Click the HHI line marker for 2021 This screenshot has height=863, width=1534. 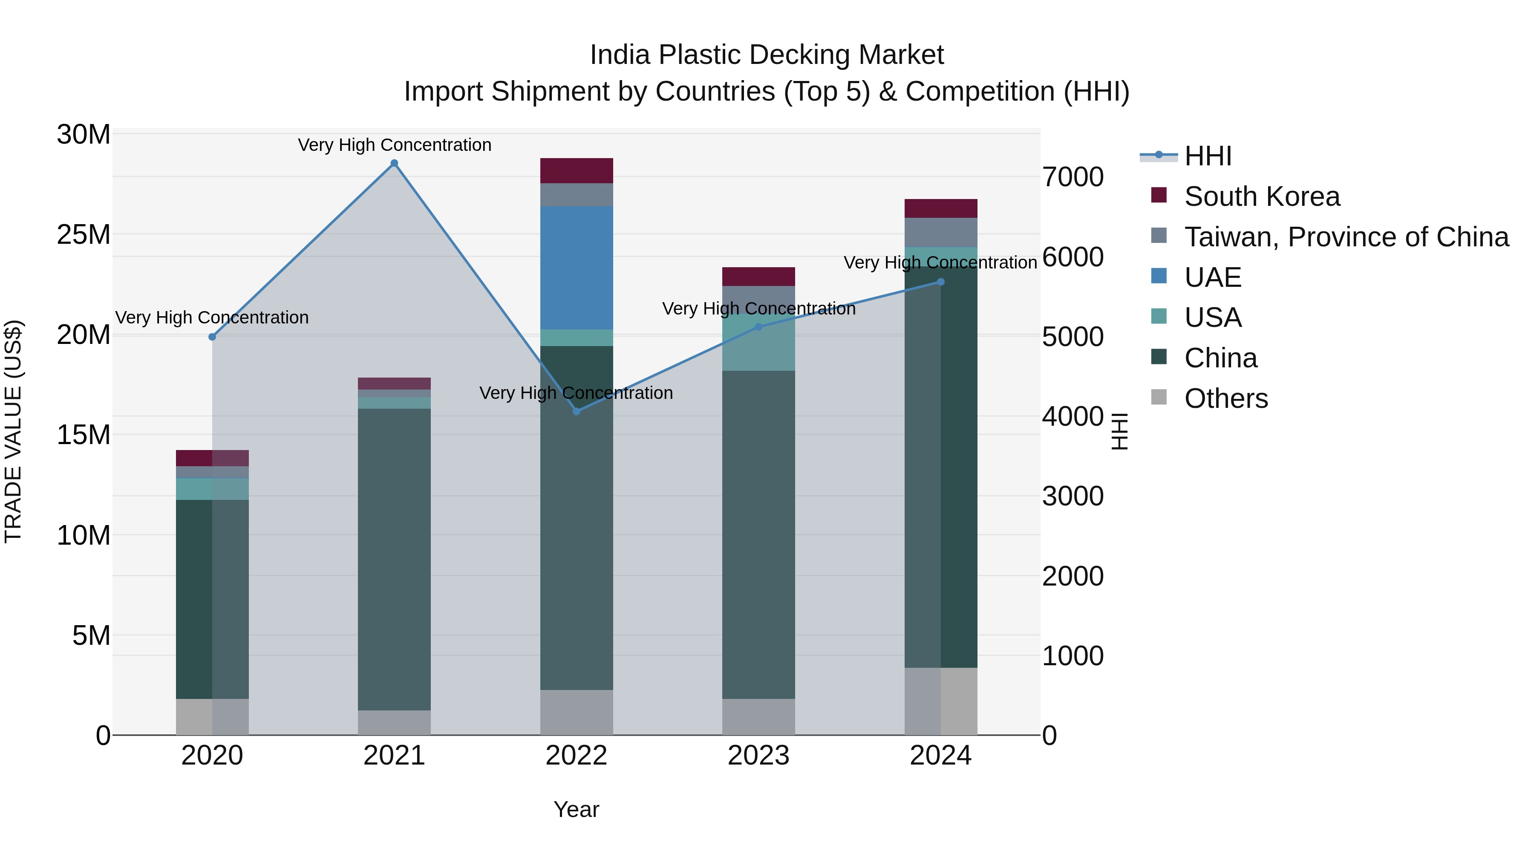[x=394, y=163]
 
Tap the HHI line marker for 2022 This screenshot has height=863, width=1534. [x=577, y=412]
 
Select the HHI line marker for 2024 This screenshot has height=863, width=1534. [x=941, y=282]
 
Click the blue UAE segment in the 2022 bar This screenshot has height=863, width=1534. [x=577, y=268]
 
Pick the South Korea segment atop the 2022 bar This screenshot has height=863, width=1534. [x=577, y=170]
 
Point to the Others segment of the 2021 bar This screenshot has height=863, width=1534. [x=394, y=722]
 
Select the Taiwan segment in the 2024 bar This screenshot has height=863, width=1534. [x=941, y=232]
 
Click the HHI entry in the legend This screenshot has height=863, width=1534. [x=1208, y=156]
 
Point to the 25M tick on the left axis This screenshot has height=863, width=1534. [x=84, y=235]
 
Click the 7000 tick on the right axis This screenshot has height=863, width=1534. [x=1073, y=177]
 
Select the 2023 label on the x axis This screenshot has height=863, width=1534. [x=758, y=756]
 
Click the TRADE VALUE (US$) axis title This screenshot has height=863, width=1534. [x=13, y=431]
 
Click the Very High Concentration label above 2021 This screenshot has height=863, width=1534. [x=394, y=145]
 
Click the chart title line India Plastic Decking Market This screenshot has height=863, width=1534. [x=767, y=55]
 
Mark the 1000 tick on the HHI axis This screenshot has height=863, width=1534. [x=1073, y=656]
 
